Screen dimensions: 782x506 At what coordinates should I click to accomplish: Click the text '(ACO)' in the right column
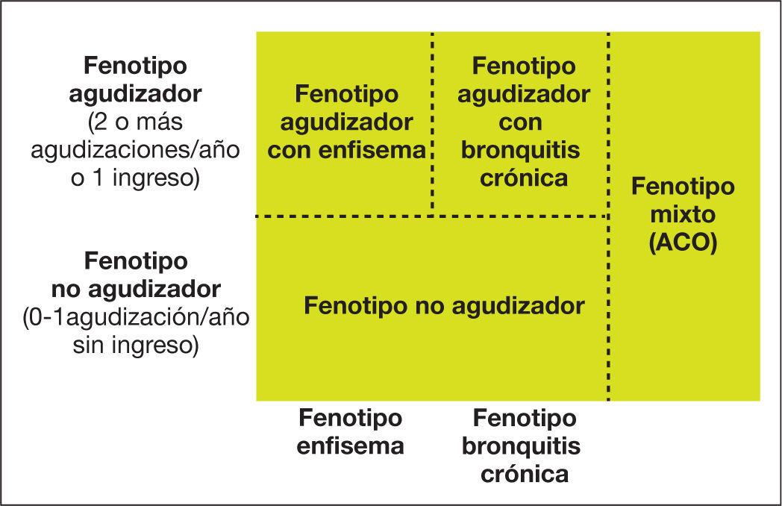click(683, 243)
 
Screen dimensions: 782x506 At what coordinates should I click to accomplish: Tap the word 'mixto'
click(683, 215)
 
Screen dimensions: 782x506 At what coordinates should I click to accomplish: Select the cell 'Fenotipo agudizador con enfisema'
click(346, 122)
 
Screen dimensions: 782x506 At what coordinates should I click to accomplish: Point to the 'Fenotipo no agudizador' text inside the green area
click(444, 306)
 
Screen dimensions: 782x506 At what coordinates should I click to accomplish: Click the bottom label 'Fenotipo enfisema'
click(350, 432)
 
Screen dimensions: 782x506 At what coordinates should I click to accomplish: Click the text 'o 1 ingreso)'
click(135, 180)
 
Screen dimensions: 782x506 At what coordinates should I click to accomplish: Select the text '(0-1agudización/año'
click(135, 317)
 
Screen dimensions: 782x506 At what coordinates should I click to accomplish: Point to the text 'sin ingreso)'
click(135, 346)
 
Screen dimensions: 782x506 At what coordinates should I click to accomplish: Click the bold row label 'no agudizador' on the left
click(135, 289)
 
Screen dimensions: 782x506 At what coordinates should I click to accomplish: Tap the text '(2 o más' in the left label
click(135, 122)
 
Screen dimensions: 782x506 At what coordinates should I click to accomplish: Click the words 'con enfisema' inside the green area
click(346, 150)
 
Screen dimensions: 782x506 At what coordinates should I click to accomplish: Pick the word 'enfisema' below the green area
click(350, 446)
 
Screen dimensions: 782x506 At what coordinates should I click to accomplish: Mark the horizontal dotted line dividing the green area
click(433, 216)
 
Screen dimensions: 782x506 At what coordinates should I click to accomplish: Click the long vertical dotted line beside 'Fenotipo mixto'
click(610, 299)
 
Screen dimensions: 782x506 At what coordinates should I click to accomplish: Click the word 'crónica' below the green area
click(523, 474)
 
